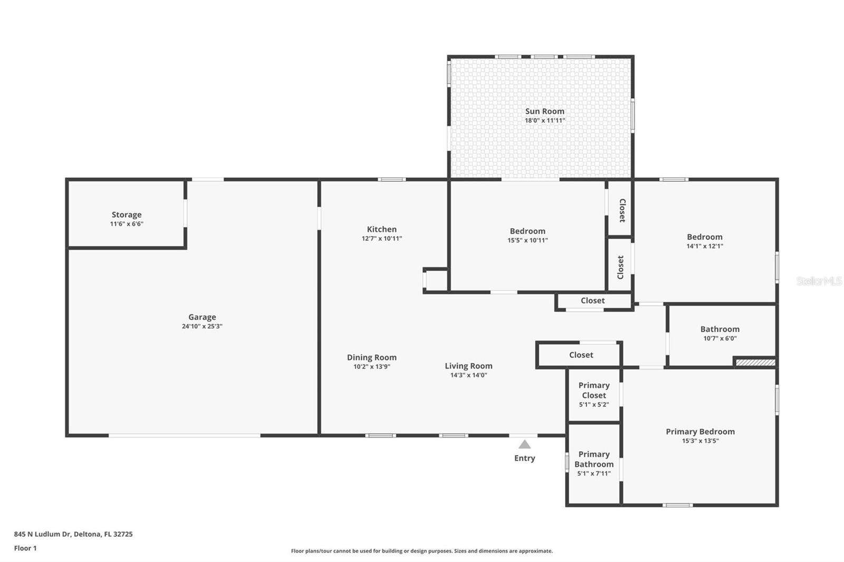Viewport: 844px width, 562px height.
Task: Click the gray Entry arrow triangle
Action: pyautogui.click(x=524, y=445)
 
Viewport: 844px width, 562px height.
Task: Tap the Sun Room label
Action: pyautogui.click(x=545, y=111)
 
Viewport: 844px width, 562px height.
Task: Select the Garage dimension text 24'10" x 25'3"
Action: pyautogui.click(x=202, y=326)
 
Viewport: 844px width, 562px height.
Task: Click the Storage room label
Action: pyautogui.click(x=127, y=215)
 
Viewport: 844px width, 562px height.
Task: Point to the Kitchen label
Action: pyautogui.click(x=382, y=229)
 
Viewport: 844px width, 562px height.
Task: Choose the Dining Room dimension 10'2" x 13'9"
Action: pyautogui.click(x=371, y=366)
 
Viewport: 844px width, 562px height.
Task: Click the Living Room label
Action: pyautogui.click(x=468, y=366)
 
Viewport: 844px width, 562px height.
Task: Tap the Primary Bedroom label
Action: pyautogui.click(x=700, y=432)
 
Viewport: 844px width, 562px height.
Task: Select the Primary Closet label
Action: pyautogui.click(x=594, y=390)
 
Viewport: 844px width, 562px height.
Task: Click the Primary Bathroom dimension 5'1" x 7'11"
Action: pyautogui.click(x=594, y=473)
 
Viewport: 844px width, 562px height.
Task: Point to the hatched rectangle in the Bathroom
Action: pyautogui.click(x=755, y=362)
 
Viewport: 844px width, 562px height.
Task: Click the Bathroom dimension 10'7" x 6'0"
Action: pyautogui.click(x=720, y=338)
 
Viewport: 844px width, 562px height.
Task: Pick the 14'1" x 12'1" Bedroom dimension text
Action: pyautogui.click(x=705, y=246)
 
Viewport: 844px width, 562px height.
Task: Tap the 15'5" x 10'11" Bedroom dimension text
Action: pyautogui.click(x=527, y=240)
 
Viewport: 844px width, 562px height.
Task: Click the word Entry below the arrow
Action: pyautogui.click(x=524, y=458)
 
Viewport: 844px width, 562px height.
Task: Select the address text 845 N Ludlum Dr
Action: pyautogui.click(x=42, y=534)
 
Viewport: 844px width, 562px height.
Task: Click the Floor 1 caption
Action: pyautogui.click(x=25, y=548)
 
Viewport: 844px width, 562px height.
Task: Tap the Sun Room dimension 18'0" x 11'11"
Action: pyautogui.click(x=545, y=121)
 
